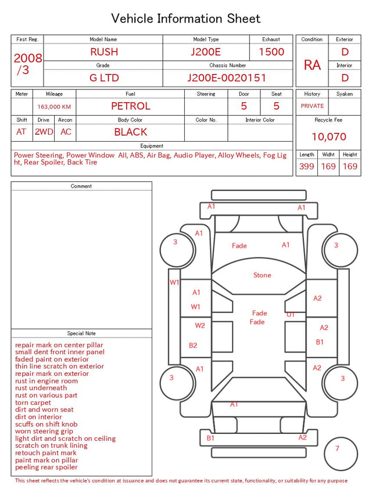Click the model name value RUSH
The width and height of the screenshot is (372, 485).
pyautogui.click(x=104, y=52)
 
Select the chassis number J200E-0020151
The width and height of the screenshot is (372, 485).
pyautogui.click(x=227, y=78)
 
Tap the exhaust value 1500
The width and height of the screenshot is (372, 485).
pyautogui.click(x=271, y=52)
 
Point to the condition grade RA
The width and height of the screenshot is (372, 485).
pyautogui.click(x=312, y=65)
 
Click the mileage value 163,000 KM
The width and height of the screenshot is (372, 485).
pyautogui.click(x=54, y=107)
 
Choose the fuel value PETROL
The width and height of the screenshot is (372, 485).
pyautogui.click(x=131, y=106)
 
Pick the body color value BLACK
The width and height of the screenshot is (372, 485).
pyautogui.click(x=131, y=132)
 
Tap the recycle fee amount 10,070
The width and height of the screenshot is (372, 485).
pyautogui.click(x=328, y=136)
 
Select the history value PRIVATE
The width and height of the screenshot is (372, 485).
pyautogui.click(x=312, y=106)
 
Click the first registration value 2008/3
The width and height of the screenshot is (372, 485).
pyautogui.click(x=27, y=64)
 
